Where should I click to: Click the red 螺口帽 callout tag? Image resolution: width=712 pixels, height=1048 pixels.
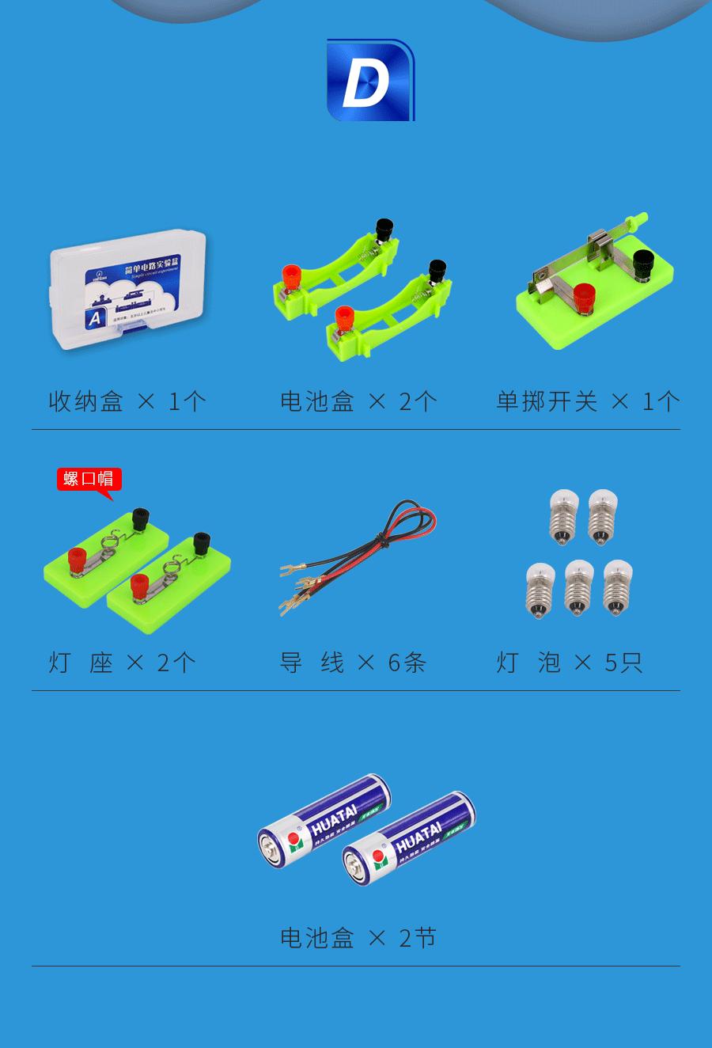89,479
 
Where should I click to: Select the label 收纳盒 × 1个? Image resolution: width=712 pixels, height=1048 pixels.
127,401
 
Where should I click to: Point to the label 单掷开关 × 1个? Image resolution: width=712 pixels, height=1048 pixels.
587,401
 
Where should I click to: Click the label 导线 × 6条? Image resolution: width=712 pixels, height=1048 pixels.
353,662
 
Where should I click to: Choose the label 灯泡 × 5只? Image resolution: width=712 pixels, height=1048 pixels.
570,662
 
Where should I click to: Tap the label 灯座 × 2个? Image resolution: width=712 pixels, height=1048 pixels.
121,662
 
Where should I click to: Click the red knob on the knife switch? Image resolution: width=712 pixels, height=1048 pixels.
585,297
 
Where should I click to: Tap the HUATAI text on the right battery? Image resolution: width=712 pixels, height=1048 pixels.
418,837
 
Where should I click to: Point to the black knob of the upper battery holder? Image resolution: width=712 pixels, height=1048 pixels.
385,230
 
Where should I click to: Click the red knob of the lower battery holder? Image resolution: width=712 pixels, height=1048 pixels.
344,317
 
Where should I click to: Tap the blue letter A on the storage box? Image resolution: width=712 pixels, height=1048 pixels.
96,317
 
